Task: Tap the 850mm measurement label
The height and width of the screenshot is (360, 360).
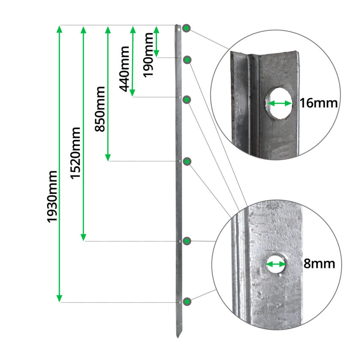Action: [100, 109]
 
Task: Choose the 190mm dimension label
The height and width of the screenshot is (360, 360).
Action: [149, 55]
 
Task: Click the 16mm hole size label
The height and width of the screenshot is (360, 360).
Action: [318, 103]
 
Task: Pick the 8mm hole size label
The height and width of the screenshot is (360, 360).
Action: [319, 264]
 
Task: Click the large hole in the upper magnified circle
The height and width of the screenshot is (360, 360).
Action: [279, 103]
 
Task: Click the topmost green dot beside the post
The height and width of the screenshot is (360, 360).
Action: [187, 29]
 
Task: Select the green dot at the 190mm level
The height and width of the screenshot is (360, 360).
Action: [187, 60]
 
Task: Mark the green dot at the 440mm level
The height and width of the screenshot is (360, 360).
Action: [187, 99]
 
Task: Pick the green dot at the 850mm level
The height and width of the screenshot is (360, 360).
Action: [187, 161]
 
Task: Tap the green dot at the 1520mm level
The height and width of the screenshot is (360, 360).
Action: [187, 241]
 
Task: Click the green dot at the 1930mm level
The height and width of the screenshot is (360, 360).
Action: [187, 301]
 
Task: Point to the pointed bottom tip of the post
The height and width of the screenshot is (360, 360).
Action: [177, 337]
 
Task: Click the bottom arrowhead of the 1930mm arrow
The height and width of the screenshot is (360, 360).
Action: [60, 298]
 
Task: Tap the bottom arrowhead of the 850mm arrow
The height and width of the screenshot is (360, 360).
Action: [108, 157]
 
